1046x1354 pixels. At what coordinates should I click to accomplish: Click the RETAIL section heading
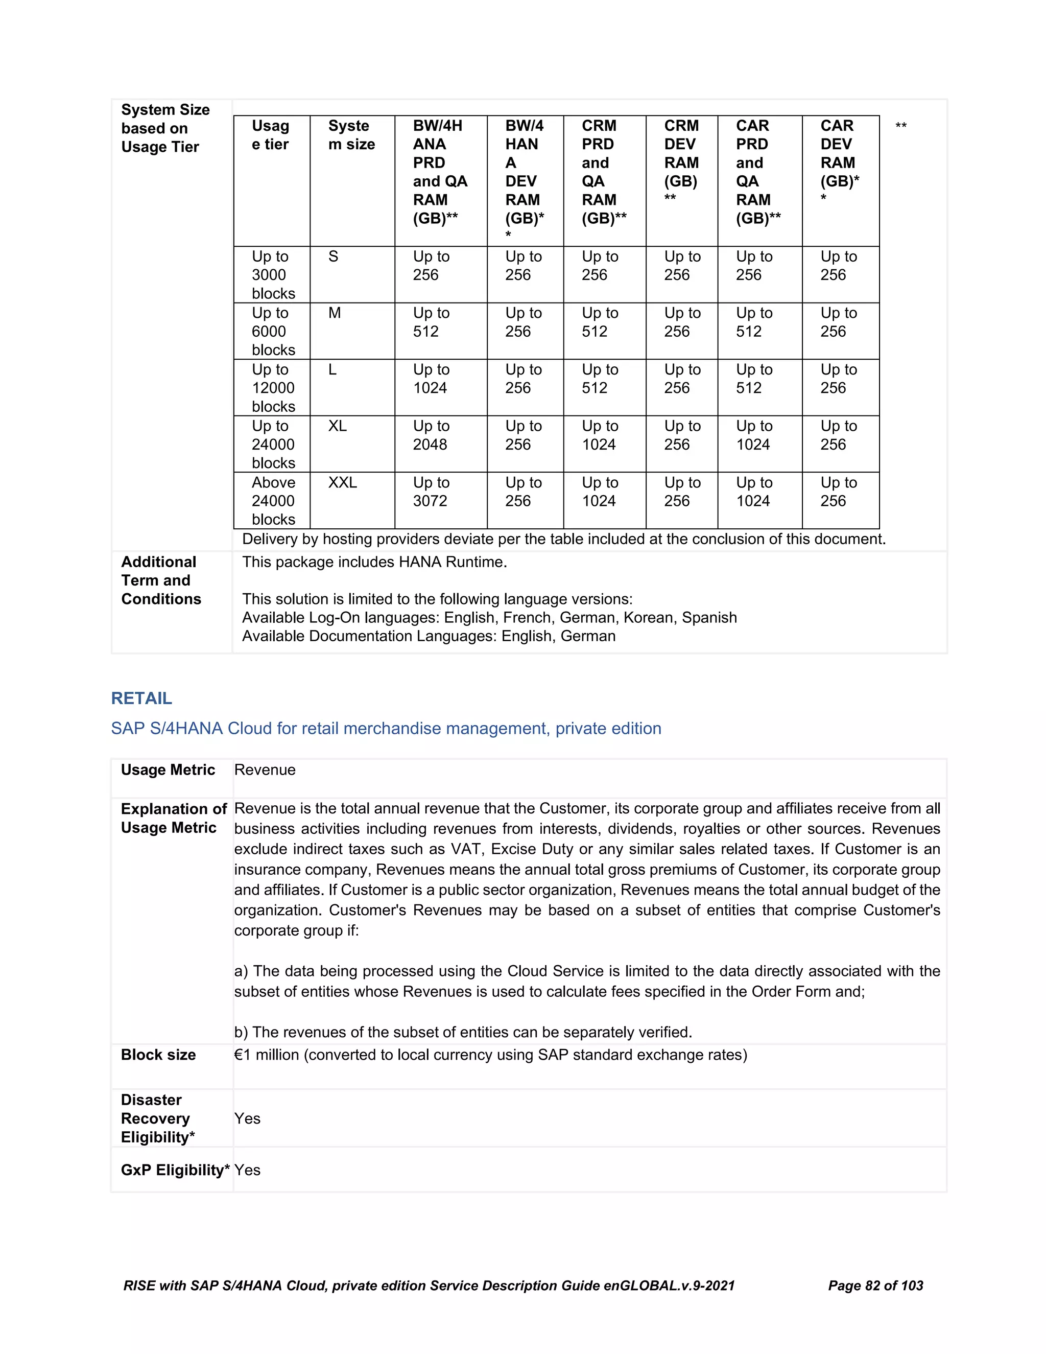141,698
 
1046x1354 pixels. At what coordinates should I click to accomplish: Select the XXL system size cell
343,482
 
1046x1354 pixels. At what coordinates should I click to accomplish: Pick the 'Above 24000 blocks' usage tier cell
273,500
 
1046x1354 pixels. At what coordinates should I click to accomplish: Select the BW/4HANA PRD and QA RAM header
439,172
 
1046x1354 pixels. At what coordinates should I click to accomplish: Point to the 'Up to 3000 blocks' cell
273,275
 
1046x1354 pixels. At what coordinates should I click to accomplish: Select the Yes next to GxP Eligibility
247,1170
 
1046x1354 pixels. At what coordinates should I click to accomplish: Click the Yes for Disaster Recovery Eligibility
247,1118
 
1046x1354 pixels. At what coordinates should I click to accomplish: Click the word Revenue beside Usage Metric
265,769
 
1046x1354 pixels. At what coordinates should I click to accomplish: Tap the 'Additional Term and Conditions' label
160,580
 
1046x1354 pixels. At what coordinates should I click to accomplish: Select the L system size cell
333,369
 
